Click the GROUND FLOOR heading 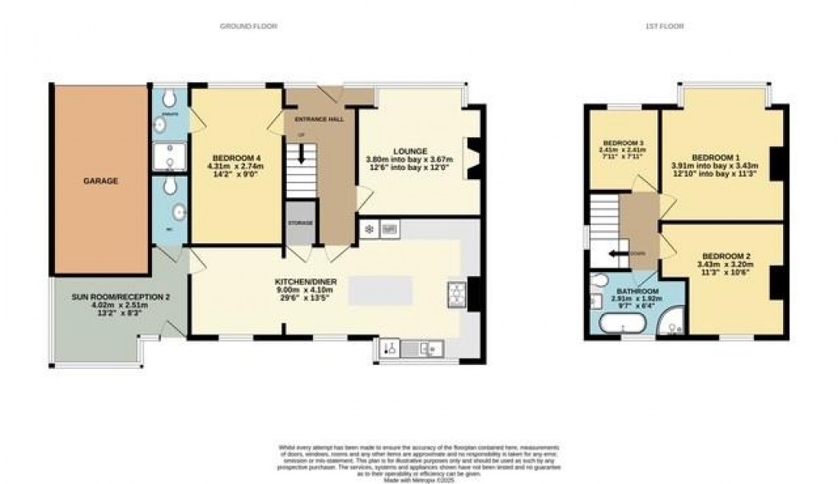point(248,26)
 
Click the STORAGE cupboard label point(300,223)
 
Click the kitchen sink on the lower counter point(426,349)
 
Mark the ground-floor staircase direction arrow point(302,154)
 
